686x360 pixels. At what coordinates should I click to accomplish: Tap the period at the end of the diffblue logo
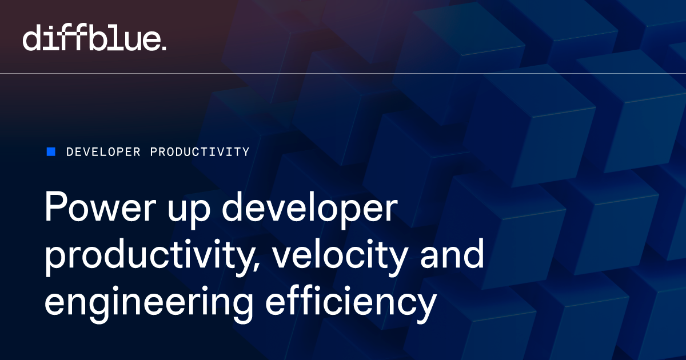pyautogui.click(x=164, y=48)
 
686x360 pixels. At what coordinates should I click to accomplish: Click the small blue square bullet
pyautogui.click(x=51, y=151)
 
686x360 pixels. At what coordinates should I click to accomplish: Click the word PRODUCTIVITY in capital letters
pyautogui.click(x=200, y=152)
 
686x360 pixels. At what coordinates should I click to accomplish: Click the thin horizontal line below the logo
pyautogui.click(x=343, y=74)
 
